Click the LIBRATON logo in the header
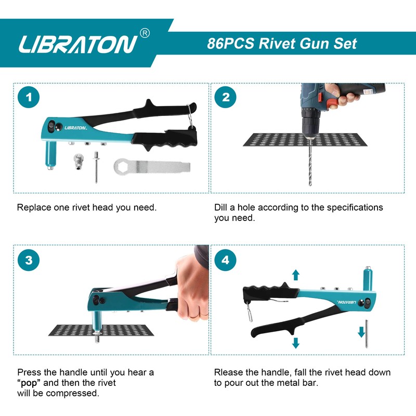pos(78,44)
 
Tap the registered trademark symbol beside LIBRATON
pos(145,33)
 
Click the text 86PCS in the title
pos(229,43)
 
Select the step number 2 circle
pos(225,97)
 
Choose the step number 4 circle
pos(225,259)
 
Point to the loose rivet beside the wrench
pos(96,165)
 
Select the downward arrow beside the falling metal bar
pos(361,331)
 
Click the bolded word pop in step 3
pos(31,383)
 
